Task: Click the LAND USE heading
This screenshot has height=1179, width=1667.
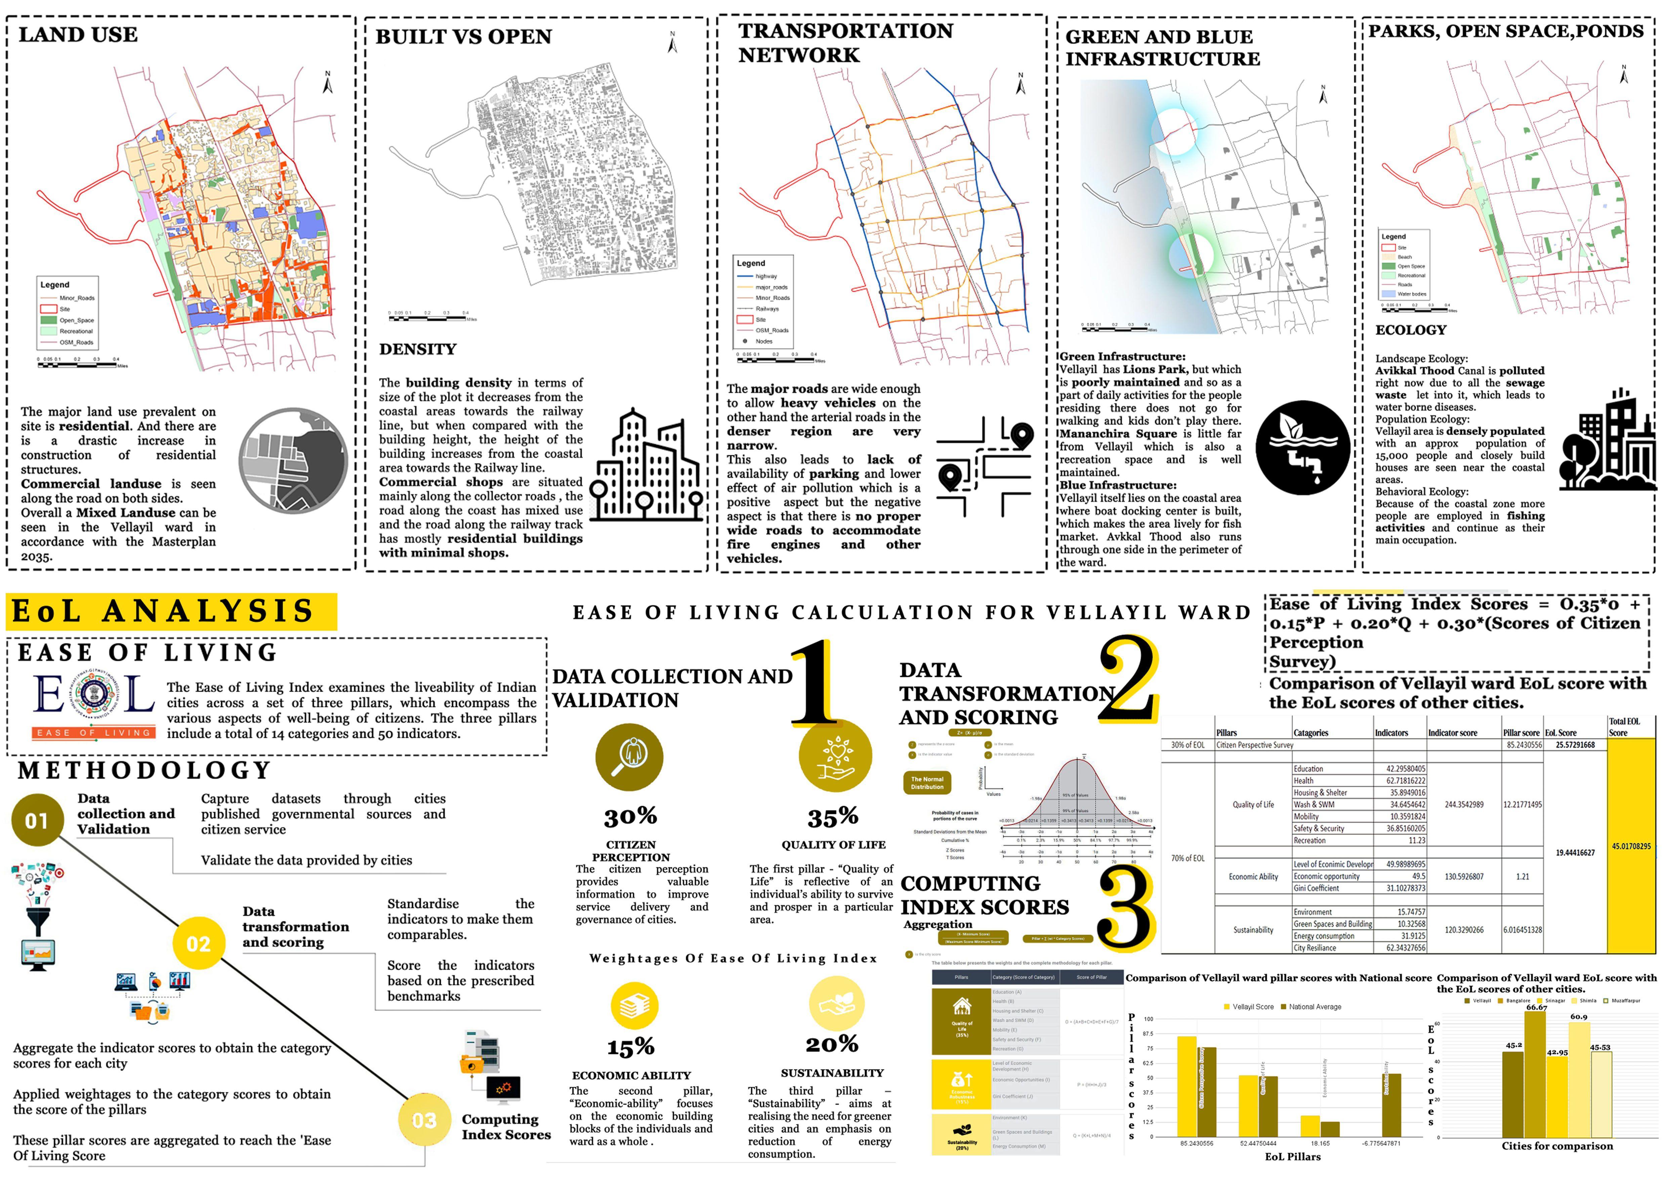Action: click(x=78, y=35)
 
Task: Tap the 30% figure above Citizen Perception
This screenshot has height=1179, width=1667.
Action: click(x=630, y=817)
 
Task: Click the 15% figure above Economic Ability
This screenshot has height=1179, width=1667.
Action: click(x=630, y=1047)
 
